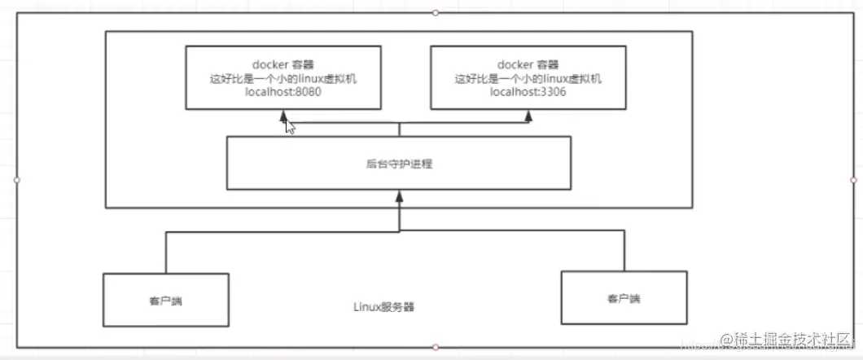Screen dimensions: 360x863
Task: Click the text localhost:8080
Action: click(x=284, y=92)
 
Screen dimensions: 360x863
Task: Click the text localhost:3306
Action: click(x=528, y=92)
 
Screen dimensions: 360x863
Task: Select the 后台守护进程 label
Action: click(x=398, y=164)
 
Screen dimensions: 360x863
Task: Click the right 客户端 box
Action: click(x=623, y=299)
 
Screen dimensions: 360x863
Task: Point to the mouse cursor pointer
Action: click(x=289, y=125)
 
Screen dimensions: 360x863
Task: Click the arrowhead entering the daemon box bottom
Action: click(x=398, y=195)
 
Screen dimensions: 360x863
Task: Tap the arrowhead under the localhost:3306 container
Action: click(x=528, y=116)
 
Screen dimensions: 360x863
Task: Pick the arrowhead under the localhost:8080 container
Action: click(x=284, y=116)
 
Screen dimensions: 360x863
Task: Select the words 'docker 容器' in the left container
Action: click(x=284, y=63)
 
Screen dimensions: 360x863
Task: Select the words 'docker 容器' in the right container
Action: click(x=528, y=63)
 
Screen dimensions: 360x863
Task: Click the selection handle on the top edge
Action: click(x=436, y=12)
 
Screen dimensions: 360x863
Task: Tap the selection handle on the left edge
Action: click(x=16, y=179)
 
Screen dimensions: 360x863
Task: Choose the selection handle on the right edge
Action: click(x=853, y=179)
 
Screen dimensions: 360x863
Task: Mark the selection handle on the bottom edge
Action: click(x=436, y=348)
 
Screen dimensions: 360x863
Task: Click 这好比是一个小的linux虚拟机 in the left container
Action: click(x=284, y=77)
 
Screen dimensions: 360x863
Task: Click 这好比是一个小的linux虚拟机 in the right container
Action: click(x=528, y=77)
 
